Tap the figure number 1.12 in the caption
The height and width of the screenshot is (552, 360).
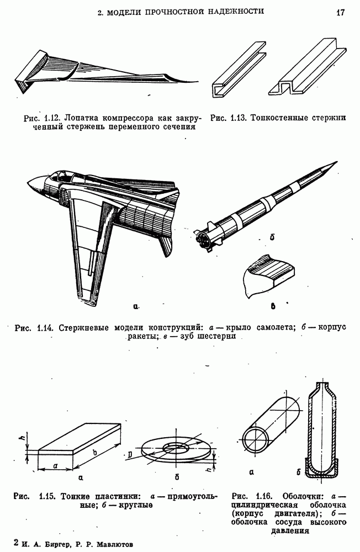click(x=52, y=118)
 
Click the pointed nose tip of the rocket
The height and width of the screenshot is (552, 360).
click(x=333, y=163)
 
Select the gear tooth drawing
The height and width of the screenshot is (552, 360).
click(x=271, y=276)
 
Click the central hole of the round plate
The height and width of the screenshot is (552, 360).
click(x=177, y=446)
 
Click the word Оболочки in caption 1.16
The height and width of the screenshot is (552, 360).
click(x=302, y=495)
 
